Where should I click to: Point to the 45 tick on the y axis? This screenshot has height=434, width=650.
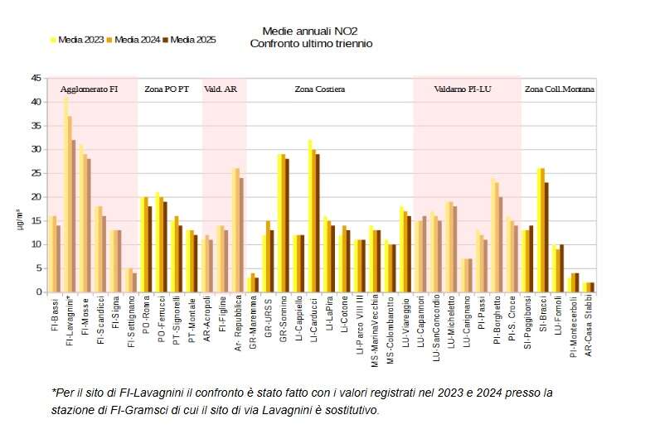click(x=36, y=78)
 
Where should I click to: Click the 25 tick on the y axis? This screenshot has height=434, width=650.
click(x=36, y=173)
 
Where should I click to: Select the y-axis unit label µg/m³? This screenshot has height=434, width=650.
click(x=22, y=221)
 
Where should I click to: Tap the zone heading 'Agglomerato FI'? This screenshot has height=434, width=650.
click(x=89, y=88)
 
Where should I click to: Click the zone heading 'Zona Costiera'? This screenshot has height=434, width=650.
click(x=319, y=88)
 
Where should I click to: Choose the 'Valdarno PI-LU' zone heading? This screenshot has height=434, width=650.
click(x=463, y=88)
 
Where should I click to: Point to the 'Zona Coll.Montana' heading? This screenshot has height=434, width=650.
click(x=560, y=88)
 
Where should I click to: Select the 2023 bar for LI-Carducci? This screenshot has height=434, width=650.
click(x=309, y=215)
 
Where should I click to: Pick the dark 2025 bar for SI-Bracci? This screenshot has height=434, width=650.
click(x=546, y=237)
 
